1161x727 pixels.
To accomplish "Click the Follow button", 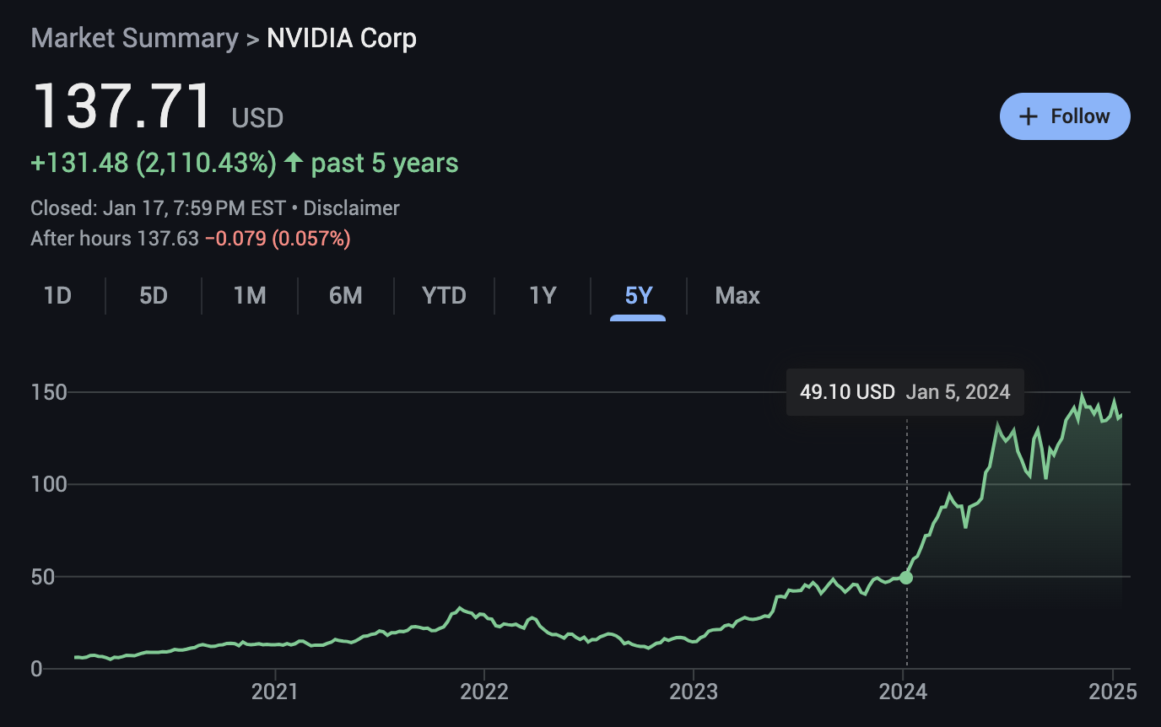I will pyautogui.click(x=1065, y=116).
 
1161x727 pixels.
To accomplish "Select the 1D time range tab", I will pyautogui.click(x=57, y=296).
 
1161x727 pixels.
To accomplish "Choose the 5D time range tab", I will pyautogui.click(x=154, y=296).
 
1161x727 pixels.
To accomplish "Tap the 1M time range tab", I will pyautogui.click(x=250, y=296).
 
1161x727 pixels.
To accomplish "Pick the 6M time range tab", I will pyautogui.click(x=346, y=296).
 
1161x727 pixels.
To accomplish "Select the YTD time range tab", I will pyautogui.click(x=444, y=296).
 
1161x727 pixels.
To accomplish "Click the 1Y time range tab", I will pyautogui.click(x=543, y=296).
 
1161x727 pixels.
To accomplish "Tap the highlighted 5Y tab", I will pyautogui.click(x=639, y=296).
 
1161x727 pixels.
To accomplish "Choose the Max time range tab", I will pyautogui.click(x=737, y=296).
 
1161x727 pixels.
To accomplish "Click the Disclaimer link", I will pyautogui.click(x=351, y=208).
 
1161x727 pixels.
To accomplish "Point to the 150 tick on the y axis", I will pyautogui.click(x=50, y=392).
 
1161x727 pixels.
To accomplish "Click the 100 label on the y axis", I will pyautogui.click(x=50, y=485).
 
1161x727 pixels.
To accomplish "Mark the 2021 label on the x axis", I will pyautogui.click(x=275, y=692).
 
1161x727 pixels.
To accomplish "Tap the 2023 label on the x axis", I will pyautogui.click(x=694, y=692).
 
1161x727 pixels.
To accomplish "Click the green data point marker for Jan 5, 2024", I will pyautogui.click(x=906, y=578).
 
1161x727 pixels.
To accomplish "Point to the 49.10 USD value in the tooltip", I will pyautogui.click(x=847, y=392).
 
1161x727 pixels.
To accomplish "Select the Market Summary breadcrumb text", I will pyautogui.click(x=135, y=39).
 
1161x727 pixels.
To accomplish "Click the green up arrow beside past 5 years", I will pyautogui.click(x=293, y=163).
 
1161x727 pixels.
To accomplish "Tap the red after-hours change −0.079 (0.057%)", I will pyautogui.click(x=278, y=239).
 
